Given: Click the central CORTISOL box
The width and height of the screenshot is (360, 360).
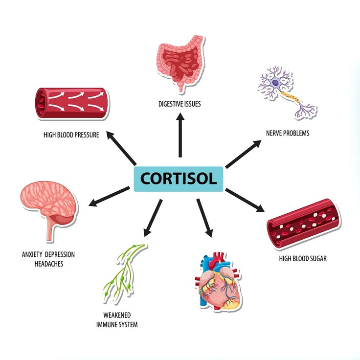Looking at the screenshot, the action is click(179, 179).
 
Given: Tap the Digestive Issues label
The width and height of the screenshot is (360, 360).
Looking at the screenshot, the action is click(180, 104).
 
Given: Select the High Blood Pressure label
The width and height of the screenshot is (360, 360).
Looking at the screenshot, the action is click(71, 135).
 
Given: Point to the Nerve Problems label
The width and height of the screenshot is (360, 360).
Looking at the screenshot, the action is click(288, 133).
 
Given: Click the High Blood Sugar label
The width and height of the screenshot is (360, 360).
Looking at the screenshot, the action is click(303, 259).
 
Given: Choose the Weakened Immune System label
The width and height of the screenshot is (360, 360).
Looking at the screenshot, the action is click(117, 320).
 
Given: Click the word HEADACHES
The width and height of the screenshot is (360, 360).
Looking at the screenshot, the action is click(49, 264).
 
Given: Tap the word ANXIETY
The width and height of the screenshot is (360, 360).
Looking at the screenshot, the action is click(32, 254).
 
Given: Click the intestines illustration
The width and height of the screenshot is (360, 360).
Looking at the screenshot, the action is click(180, 63).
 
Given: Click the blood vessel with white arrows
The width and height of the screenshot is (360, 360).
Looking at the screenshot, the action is click(72, 103).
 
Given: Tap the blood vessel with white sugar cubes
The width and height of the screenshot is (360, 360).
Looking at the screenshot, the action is click(304, 224).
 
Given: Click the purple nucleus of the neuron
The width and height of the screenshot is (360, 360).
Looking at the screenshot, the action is click(275, 83).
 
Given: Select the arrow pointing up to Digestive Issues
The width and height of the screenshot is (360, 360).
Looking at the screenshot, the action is click(180, 135).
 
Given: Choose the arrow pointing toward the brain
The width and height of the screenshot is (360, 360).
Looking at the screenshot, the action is click(109, 196).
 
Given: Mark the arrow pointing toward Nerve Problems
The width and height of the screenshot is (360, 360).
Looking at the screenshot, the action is click(244, 154).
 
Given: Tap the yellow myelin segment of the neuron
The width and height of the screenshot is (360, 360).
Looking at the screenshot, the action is click(290, 97).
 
